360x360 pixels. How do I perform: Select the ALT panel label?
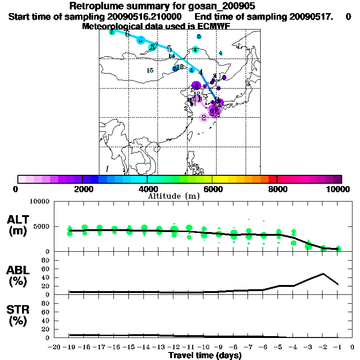tap(19, 219)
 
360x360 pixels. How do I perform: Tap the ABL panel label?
tap(19, 270)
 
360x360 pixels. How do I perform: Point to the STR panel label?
tap(19, 309)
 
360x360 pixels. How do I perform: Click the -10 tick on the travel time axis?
tap(204, 347)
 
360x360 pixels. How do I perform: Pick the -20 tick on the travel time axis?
tap(55, 347)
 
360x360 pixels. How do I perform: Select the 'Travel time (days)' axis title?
tap(205, 355)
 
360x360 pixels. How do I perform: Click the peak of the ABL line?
tap(323, 273)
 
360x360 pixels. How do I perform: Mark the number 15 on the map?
tap(150, 71)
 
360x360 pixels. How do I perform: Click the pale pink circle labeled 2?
tap(204, 117)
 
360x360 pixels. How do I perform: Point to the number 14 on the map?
tap(172, 56)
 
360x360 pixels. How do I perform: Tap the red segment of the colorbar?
tap(273, 179)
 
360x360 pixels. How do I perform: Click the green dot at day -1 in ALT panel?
tap(338, 248)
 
